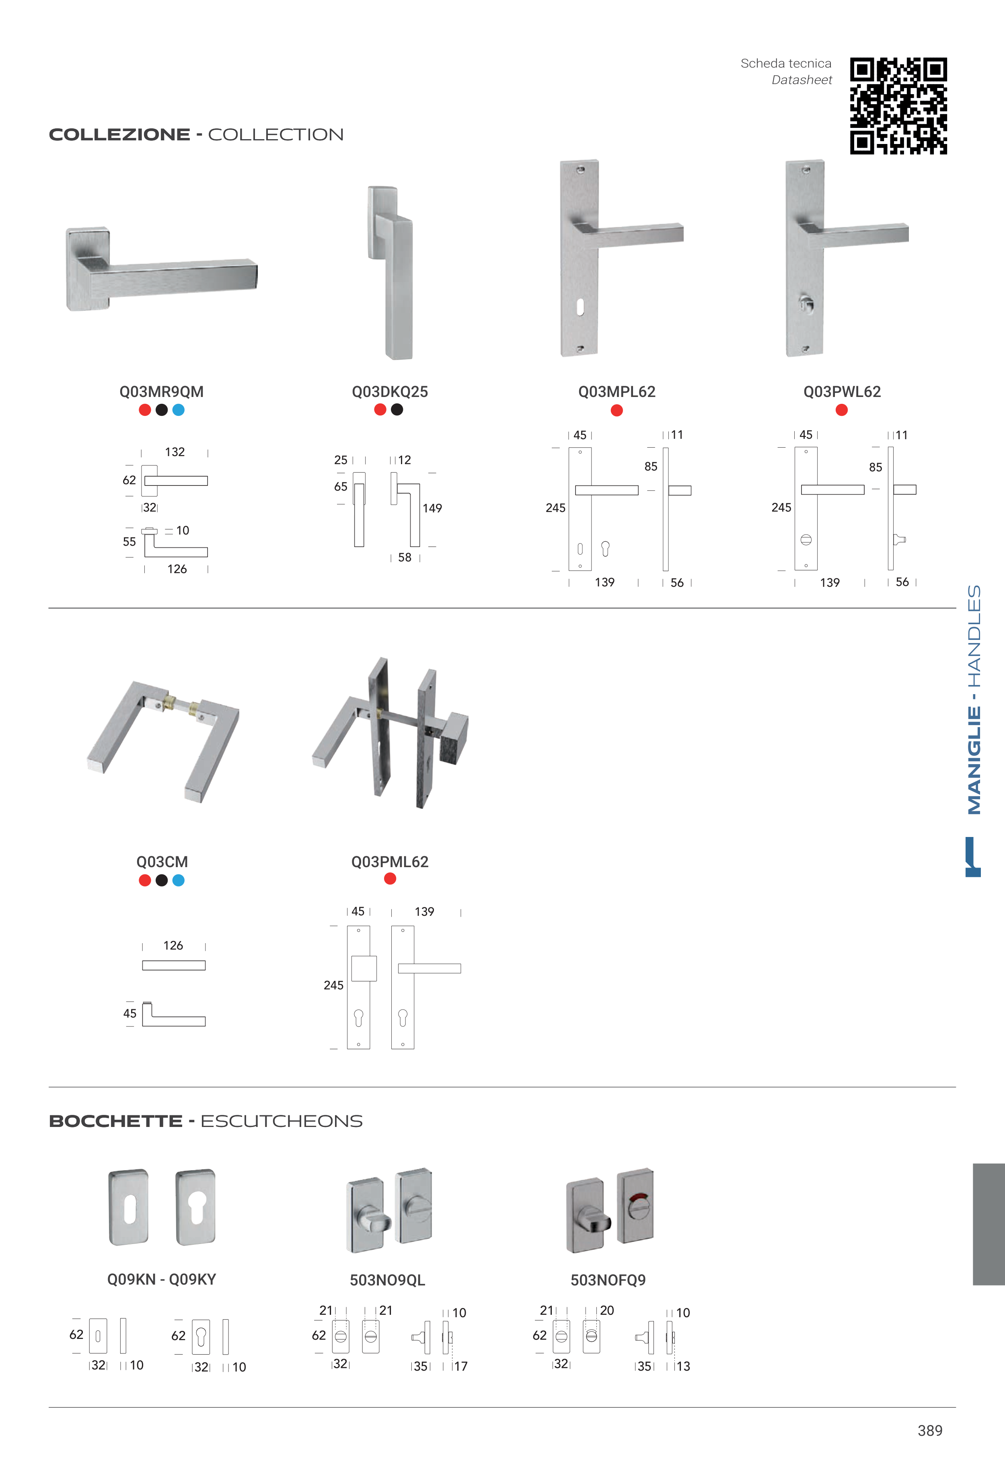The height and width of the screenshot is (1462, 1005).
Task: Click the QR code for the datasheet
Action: coord(898,106)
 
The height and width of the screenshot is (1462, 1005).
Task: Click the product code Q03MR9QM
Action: coord(161,392)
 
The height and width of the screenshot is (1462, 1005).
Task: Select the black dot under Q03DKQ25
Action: coord(397,410)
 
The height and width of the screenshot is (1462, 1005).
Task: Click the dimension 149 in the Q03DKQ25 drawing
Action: coord(432,508)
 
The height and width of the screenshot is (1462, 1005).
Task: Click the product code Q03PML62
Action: coord(390,862)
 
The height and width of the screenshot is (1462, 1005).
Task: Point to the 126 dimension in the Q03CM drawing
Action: coord(173,946)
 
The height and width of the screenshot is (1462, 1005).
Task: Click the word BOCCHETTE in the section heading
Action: coord(116,1121)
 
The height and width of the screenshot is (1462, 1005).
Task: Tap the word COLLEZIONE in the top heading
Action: coord(120,135)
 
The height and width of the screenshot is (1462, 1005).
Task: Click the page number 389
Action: coord(930,1431)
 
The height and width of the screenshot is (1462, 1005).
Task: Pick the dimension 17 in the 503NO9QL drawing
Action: coord(460,1366)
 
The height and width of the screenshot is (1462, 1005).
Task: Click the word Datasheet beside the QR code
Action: coord(802,80)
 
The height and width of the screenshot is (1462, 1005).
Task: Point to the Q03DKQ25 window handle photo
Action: coord(390,273)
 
